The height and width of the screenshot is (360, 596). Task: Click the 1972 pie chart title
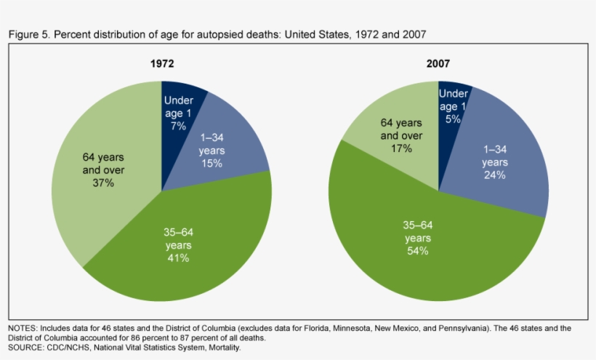click(162, 64)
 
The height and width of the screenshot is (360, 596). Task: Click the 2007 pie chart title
click(438, 64)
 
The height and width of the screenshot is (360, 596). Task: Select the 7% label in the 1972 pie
click(177, 125)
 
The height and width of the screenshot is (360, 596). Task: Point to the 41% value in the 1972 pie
click(179, 257)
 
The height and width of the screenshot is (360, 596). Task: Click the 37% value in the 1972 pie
click(102, 183)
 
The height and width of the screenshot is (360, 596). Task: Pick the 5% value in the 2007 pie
click(453, 119)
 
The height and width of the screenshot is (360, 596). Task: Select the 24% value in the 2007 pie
click(494, 175)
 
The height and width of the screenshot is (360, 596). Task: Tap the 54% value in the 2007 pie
click(417, 250)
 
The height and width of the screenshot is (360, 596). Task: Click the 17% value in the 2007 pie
click(400, 148)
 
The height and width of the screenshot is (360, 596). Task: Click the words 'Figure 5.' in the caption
click(28, 33)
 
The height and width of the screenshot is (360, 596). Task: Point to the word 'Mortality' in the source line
click(221, 348)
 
